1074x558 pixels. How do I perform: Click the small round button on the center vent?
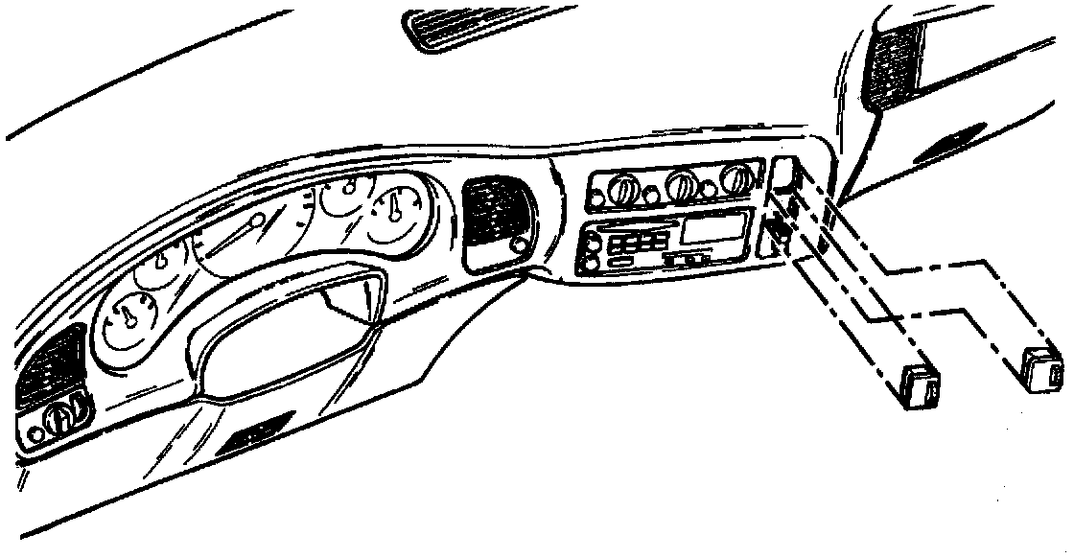(520, 245)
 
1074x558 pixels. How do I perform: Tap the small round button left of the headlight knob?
(36, 432)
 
